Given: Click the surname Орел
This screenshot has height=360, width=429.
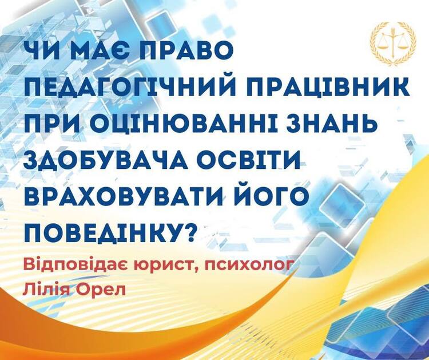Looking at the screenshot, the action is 101,290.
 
